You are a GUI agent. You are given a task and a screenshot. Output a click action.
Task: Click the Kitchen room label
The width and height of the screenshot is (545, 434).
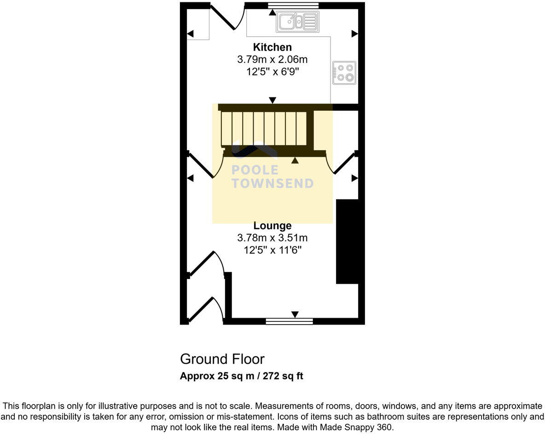coord(272,47)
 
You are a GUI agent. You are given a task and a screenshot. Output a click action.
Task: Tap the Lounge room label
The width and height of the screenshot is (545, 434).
coord(272,226)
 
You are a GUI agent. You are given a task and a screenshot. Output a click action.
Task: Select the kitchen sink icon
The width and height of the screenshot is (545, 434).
coord(297,21)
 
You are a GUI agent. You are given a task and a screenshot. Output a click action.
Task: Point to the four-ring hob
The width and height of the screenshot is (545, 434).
coord(344,73)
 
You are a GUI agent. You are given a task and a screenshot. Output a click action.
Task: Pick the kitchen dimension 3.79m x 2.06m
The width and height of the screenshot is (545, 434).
coord(272,59)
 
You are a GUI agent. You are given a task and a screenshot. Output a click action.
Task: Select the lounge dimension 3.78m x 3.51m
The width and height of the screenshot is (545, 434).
coord(272,238)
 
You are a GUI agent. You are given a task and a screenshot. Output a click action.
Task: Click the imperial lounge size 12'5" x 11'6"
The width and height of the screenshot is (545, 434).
coord(272,250)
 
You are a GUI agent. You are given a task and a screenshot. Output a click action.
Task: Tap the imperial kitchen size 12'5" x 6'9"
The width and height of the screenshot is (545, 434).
coord(272,72)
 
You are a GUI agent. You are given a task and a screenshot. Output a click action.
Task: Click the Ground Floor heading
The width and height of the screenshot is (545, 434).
coord(222,359)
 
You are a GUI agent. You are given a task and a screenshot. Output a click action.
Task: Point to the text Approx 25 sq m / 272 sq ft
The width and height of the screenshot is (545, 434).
coord(241,376)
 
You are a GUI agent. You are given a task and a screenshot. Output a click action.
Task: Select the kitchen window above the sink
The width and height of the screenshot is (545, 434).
coord(293,6)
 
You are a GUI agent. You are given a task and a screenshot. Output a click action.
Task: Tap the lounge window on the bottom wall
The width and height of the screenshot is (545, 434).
coord(289,321)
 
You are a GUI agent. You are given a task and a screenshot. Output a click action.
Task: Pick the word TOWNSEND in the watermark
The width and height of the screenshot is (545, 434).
coord(272,183)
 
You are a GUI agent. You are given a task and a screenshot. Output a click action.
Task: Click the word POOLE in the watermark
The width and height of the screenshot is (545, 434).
coord(255,170)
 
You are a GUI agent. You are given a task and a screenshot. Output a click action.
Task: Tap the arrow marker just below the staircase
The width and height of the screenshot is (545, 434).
coord(295,160)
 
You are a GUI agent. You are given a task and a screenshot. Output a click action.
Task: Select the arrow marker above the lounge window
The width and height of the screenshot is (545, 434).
coord(295,314)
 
